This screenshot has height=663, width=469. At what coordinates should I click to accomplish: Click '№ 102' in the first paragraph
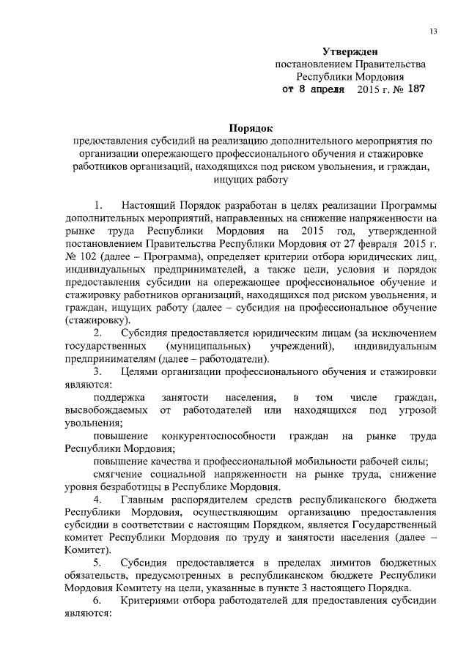pyautogui.click(x=80, y=259)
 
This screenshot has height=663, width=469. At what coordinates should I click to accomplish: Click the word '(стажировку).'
pyautogui.click(x=98, y=321)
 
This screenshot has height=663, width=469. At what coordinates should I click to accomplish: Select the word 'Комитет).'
pyautogui.click(x=89, y=549)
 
